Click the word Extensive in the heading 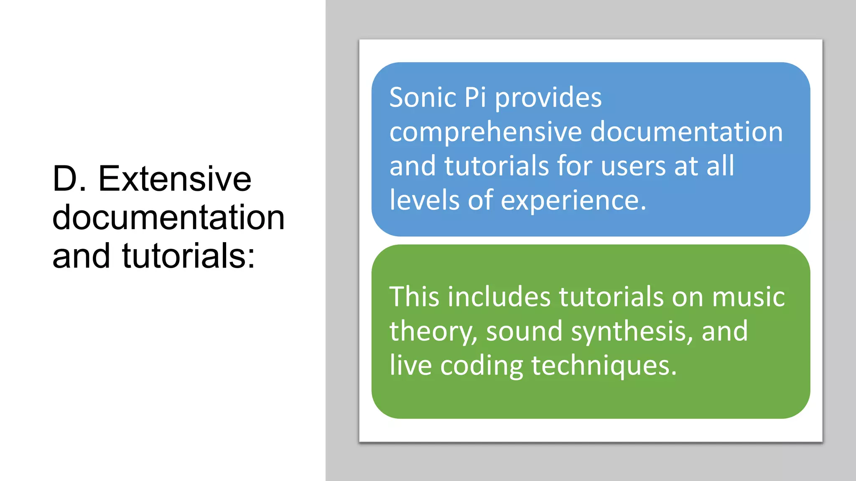(175, 179)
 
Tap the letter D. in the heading (69, 179)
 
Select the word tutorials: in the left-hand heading (189, 256)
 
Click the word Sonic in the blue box (423, 98)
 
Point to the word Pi (475, 98)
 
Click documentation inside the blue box (686, 132)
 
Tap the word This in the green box (414, 297)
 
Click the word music (748, 297)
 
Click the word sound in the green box (524, 332)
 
